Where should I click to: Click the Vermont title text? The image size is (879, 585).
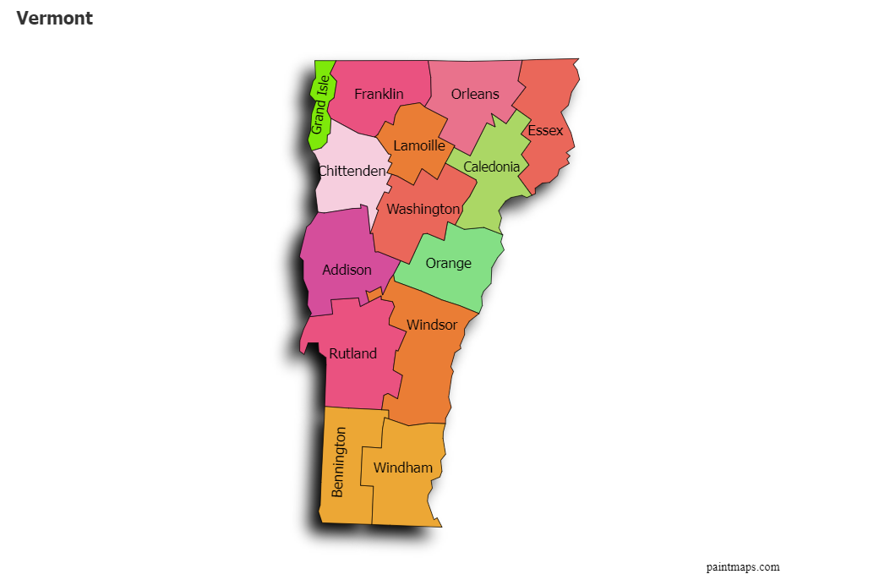pyautogui.click(x=54, y=18)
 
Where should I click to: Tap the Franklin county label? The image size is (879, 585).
pyautogui.click(x=379, y=94)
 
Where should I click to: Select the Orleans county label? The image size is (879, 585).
pyautogui.click(x=475, y=94)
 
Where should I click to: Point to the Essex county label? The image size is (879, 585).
pyautogui.click(x=545, y=130)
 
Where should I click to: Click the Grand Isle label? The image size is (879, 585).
pyautogui.click(x=319, y=105)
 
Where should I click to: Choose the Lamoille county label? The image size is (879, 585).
pyautogui.click(x=419, y=145)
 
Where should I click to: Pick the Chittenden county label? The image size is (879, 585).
pyautogui.click(x=352, y=171)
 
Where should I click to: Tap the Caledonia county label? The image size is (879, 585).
pyautogui.click(x=491, y=167)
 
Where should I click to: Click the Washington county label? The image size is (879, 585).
pyautogui.click(x=423, y=208)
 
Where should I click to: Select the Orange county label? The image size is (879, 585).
pyautogui.click(x=449, y=263)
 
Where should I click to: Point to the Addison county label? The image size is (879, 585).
pyautogui.click(x=347, y=270)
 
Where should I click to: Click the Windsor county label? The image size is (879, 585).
pyautogui.click(x=432, y=325)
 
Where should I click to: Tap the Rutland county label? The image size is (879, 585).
pyautogui.click(x=352, y=353)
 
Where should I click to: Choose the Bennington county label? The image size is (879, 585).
pyautogui.click(x=339, y=462)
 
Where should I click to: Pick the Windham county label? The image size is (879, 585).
pyautogui.click(x=403, y=467)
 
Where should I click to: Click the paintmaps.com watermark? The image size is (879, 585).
pyautogui.click(x=743, y=566)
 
